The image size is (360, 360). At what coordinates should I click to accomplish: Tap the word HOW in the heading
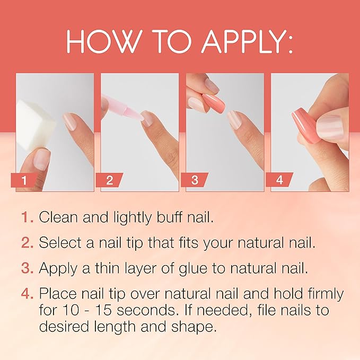[98, 43]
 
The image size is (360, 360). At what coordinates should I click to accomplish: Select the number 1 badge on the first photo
[24, 180]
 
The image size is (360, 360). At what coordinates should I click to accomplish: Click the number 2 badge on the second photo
[109, 180]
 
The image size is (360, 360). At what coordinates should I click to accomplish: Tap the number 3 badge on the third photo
[195, 180]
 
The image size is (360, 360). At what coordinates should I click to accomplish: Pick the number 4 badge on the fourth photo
[279, 180]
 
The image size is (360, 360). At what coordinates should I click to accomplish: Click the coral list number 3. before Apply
[28, 268]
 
